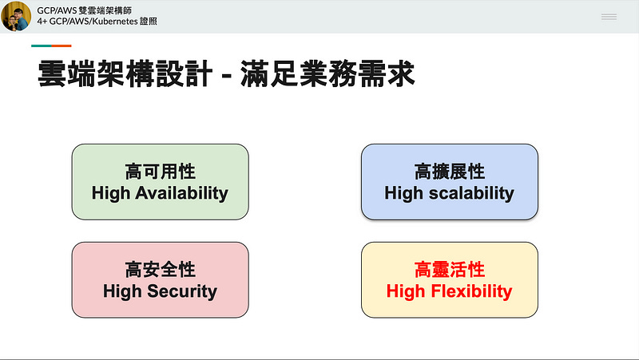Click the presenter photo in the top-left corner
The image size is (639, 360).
[x=16, y=16]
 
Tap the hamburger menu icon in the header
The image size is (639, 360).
[x=609, y=17]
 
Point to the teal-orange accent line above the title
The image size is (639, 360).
[x=52, y=45]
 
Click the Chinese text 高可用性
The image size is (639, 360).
[x=160, y=172]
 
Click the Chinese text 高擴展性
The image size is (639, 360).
[x=450, y=172]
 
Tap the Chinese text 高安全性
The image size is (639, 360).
[x=160, y=270]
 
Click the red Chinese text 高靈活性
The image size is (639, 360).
[x=450, y=270]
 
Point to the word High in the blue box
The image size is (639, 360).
[x=403, y=192]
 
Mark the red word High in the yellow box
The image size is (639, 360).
[x=405, y=291]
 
